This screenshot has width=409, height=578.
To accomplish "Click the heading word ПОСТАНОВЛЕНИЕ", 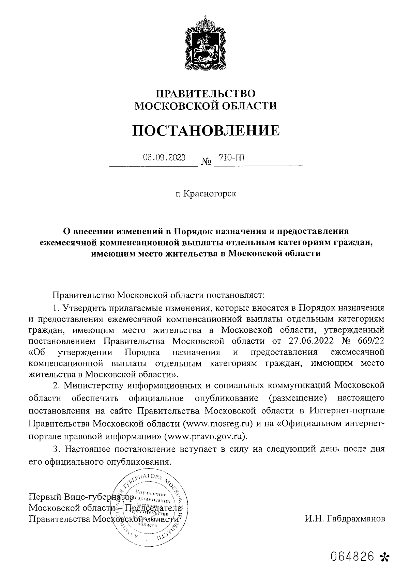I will pyautogui.click(x=206, y=130).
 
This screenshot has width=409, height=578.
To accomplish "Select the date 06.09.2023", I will pyautogui.click(x=164, y=157).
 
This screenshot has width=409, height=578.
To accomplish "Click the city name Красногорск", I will pyautogui.click(x=210, y=194).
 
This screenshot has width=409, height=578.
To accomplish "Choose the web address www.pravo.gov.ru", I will pyautogui.click(x=205, y=436).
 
